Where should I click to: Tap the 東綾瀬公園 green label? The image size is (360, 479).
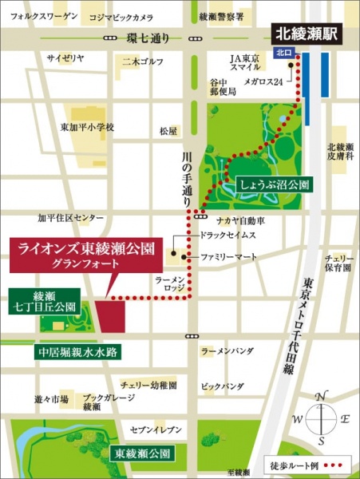click(142, 453)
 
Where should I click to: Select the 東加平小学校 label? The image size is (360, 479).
click(88, 127)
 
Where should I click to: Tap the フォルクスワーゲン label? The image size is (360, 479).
click(39, 16)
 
